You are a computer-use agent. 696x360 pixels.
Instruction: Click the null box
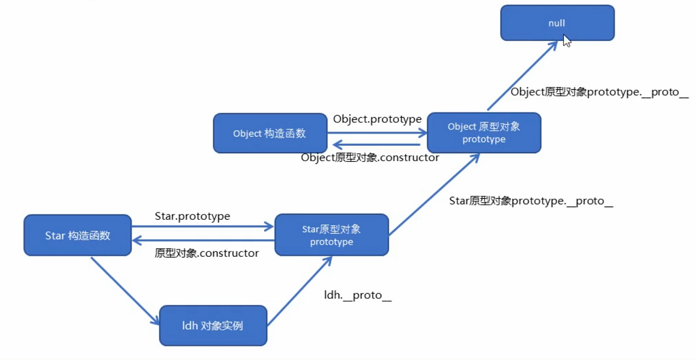point(557,23)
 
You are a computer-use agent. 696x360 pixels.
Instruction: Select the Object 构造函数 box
point(270,133)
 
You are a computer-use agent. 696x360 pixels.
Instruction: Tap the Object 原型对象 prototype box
point(484,133)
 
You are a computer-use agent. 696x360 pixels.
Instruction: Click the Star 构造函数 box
point(78,235)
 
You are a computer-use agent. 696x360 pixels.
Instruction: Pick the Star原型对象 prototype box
point(332,235)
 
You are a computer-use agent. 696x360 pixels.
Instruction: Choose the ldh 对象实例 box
point(213,325)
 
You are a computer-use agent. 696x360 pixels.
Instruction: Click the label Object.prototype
point(377,119)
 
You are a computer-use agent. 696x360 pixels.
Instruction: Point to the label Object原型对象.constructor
point(370,157)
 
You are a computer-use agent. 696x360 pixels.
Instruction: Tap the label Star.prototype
point(192,216)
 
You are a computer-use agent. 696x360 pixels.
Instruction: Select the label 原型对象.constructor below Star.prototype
point(206,253)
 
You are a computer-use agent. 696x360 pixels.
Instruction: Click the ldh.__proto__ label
point(358,295)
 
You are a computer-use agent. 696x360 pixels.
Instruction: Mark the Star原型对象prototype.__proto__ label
point(530,201)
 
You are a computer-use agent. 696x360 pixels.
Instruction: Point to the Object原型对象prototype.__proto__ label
point(599,92)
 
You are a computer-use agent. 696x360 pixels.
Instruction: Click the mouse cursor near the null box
point(567,41)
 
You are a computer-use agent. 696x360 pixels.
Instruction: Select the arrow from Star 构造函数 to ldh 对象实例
point(125,291)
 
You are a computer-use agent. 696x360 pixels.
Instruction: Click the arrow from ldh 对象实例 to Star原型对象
point(300,290)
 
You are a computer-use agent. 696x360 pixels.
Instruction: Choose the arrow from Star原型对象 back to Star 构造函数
point(204,240)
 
